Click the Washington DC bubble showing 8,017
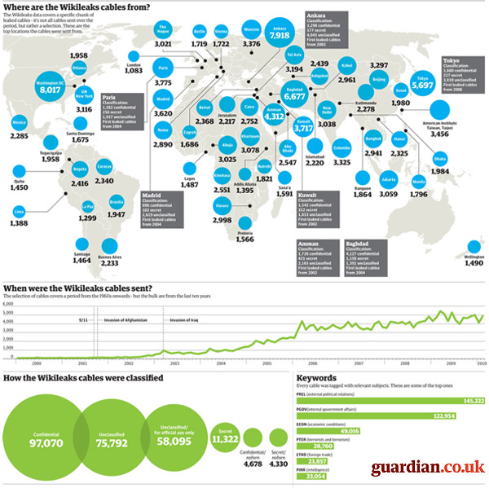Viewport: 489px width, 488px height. point(50,87)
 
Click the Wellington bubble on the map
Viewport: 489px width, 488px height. point(474,248)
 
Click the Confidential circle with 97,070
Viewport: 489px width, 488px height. point(46,440)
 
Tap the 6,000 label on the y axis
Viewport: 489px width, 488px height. point(9,302)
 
